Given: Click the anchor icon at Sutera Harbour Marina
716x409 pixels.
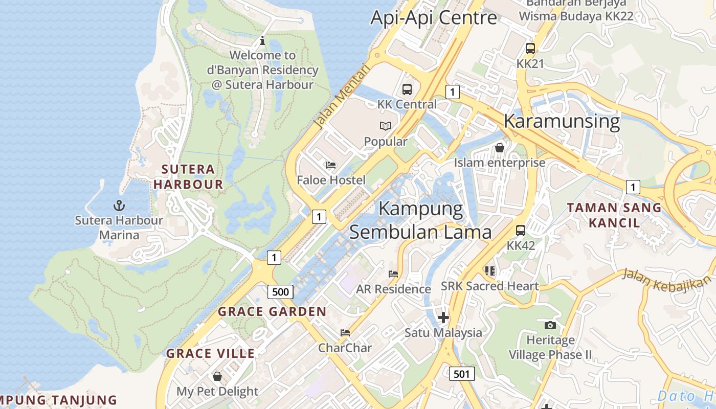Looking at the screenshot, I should point(119,206).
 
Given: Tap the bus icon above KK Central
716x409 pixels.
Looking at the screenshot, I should point(407,89).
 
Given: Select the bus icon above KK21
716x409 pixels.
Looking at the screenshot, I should point(530,49).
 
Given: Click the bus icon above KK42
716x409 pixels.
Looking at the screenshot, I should point(521,231).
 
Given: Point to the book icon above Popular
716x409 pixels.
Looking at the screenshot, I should point(385,126).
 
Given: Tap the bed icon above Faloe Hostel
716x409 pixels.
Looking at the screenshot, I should point(331,165).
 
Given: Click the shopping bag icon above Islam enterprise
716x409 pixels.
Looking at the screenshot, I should point(500,148).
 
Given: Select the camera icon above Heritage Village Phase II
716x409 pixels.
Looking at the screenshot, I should point(550,325).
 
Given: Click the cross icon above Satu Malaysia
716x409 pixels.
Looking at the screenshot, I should point(443,317).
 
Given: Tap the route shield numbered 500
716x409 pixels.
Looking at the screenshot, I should point(280,292).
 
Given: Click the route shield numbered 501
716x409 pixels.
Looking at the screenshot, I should point(461,374).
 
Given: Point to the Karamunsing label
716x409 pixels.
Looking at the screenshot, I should point(562,122).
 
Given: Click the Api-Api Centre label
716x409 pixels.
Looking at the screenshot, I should point(433,18).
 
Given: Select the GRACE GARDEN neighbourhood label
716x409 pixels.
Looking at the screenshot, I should point(272,311).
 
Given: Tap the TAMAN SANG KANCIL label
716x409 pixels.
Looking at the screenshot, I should point(614,215).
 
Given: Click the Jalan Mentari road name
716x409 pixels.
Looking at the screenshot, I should point(341,96).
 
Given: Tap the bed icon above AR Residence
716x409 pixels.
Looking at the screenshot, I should point(393,274).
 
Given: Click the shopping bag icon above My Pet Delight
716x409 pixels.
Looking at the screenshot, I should point(217,376).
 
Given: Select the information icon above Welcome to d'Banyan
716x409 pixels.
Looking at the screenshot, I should point(262,40).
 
